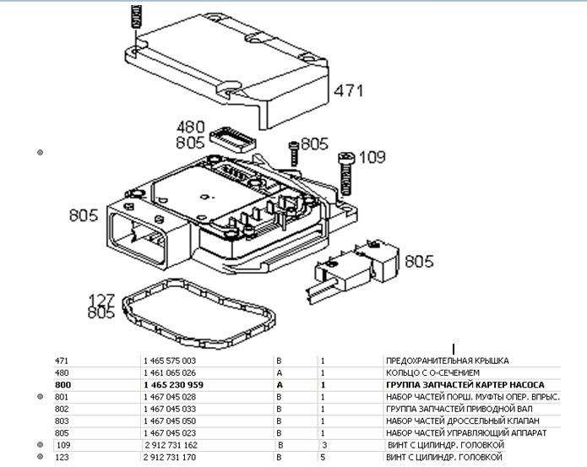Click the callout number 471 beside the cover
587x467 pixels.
[347, 90]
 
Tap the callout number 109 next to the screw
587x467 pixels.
[371, 157]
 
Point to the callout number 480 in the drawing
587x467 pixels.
[191, 128]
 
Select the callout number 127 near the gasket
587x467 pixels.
[102, 299]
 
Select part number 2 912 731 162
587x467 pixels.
[171, 444]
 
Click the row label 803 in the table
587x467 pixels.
[62, 421]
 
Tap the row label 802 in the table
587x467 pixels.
[62, 409]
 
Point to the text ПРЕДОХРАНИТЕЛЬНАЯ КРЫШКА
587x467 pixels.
[448, 361]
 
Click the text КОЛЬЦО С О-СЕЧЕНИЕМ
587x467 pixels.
[432, 372]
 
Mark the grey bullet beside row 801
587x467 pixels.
[41, 396]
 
